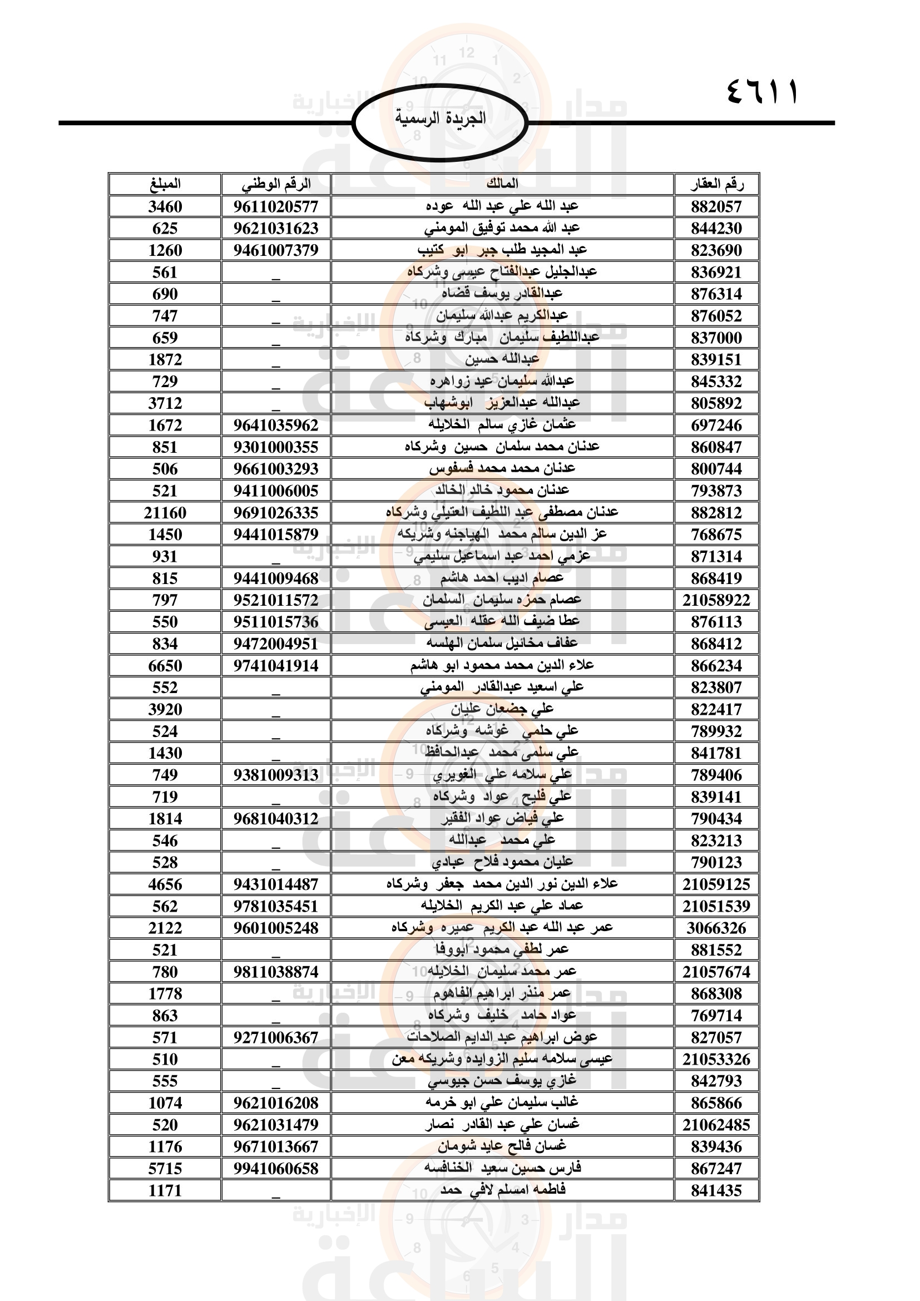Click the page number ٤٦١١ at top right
coord(761,91)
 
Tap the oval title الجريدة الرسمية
coord(440,118)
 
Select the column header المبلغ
coord(165,184)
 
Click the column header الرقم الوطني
coord(276,184)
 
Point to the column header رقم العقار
coord(716,184)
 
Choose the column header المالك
coord(502,184)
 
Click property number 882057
coord(716,206)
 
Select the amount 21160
coord(165,513)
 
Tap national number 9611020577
coord(276,206)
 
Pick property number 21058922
coord(716,600)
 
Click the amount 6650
coord(165,666)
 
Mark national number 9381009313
coord(276,775)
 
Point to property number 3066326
coord(716,928)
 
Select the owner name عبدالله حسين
coord(502,359)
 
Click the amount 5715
coord(165,1169)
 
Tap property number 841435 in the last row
coord(716,1190)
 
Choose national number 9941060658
coord(276,1169)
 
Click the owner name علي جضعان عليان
coord(502,709)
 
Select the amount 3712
coord(165,403)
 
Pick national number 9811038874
coord(276,972)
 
